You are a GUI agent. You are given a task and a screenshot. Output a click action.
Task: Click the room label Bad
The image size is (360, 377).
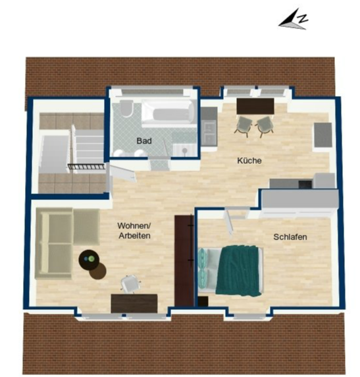(144, 141)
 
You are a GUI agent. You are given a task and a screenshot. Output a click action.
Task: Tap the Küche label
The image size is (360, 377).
(249, 161)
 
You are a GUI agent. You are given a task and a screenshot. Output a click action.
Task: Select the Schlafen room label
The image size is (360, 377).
(290, 237)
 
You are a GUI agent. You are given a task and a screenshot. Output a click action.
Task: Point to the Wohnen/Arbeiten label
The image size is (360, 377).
(134, 230)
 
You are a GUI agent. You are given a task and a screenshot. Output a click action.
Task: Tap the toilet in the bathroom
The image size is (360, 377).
(126, 108)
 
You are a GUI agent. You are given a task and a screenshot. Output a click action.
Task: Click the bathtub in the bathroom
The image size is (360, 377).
(168, 113)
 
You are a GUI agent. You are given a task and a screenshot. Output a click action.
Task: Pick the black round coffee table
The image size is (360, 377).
(89, 259)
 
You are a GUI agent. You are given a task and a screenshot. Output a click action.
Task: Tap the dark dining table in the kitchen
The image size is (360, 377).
(255, 107)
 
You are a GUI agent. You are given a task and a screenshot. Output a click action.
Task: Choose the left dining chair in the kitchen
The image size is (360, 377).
(244, 126)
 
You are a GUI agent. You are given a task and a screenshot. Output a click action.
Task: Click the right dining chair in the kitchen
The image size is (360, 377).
(265, 126)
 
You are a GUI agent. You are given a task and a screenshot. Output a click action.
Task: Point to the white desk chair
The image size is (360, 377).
(130, 284)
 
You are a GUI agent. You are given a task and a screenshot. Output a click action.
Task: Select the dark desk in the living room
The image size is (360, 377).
(134, 303)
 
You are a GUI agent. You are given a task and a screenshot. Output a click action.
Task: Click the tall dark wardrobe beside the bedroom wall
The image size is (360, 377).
(184, 261)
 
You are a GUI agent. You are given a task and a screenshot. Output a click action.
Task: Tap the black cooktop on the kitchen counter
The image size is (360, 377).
(305, 184)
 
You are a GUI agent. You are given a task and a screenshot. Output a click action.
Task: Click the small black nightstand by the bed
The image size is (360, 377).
(203, 301)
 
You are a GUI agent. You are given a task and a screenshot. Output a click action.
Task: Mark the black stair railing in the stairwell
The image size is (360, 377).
(87, 166)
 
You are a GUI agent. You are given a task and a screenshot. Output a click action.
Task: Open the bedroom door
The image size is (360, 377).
(228, 222)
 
